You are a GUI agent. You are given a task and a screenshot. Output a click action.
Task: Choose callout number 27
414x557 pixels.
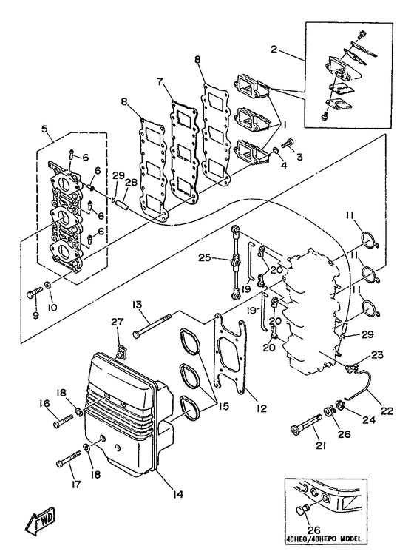(116, 321)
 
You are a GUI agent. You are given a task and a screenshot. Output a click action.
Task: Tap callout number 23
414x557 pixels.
(378, 355)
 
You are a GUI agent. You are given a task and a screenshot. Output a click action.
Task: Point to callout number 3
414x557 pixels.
(299, 158)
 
